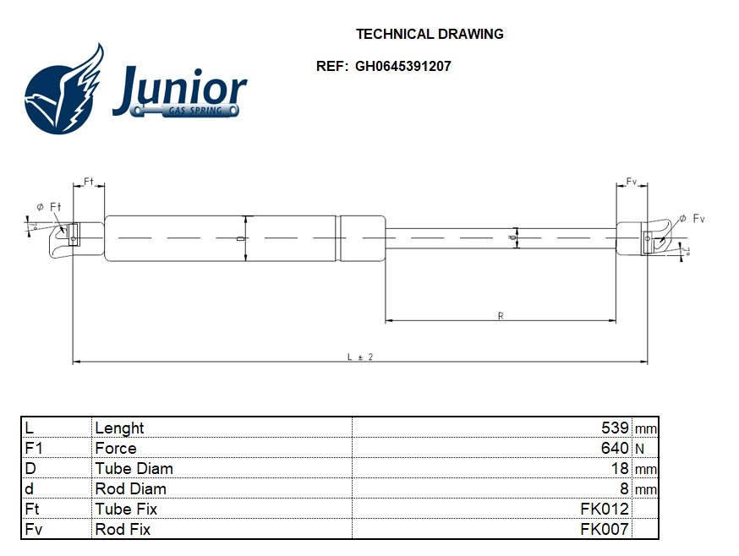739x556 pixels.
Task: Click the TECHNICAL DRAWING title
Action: tap(430, 35)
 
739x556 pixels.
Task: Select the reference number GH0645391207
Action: tap(402, 66)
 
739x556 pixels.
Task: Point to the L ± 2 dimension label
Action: tap(360, 357)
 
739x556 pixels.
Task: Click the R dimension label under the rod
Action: tap(501, 316)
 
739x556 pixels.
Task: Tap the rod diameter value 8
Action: tap(624, 489)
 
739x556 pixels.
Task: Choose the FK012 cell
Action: tap(605, 510)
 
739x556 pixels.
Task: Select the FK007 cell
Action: tap(605, 530)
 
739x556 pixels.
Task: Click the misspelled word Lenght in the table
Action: tap(119, 428)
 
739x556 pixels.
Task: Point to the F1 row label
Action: tap(34, 449)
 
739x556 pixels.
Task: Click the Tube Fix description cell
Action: tap(126, 510)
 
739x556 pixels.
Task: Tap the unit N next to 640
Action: tap(639, 449)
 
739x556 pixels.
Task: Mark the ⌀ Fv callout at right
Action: tap(692, 219)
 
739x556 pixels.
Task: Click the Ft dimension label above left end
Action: tap(89, 183)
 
